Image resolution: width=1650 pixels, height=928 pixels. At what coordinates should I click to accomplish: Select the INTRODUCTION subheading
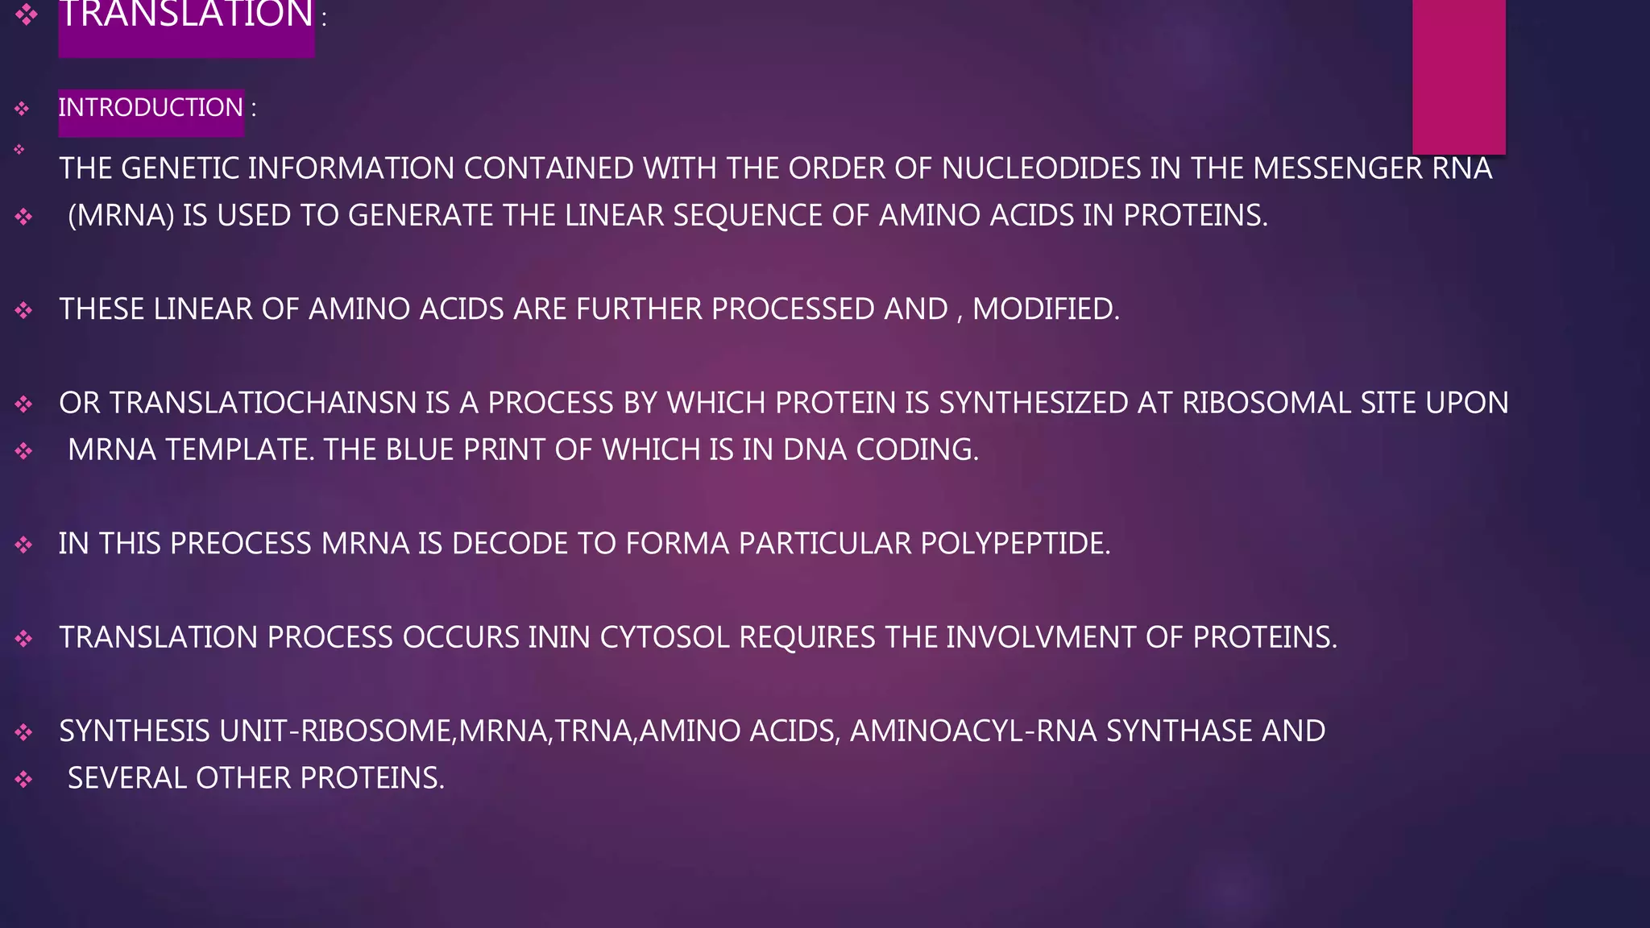point(151,107)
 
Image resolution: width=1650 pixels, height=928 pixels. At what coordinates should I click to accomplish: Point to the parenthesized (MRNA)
point(121,216)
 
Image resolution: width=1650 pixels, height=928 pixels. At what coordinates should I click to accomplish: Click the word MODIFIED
point(1045,309)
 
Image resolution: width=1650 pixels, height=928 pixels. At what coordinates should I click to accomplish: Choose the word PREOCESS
point(240,544)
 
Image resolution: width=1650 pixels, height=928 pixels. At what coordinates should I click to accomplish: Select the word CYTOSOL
point(665,637)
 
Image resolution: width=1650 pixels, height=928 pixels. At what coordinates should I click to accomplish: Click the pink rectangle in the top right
point(1458,77)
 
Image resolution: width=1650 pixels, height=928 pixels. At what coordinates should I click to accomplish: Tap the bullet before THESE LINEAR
point(23,310)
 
